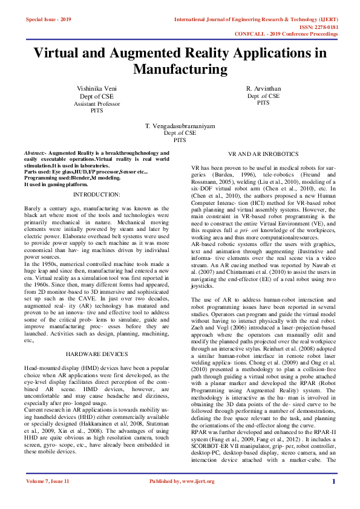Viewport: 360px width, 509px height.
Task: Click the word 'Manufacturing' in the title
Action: click(x=180, y=70)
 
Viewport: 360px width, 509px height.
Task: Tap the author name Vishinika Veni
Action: click(x=97, y=89)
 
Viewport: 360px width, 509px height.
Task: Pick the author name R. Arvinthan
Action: click(x=263, y=89)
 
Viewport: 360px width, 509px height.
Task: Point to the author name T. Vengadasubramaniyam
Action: click(x=180, y=126)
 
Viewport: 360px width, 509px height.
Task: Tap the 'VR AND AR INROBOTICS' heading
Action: click(x=263, y=155)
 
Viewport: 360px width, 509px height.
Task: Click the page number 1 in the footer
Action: click(x=333, y=481)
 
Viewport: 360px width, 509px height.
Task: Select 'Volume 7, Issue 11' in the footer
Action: click(x=48, y=481)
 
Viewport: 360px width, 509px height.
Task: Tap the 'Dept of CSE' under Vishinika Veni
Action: click(x=97, y=96)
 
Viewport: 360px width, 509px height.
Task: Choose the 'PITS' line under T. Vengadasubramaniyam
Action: click(x=180, y=140)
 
